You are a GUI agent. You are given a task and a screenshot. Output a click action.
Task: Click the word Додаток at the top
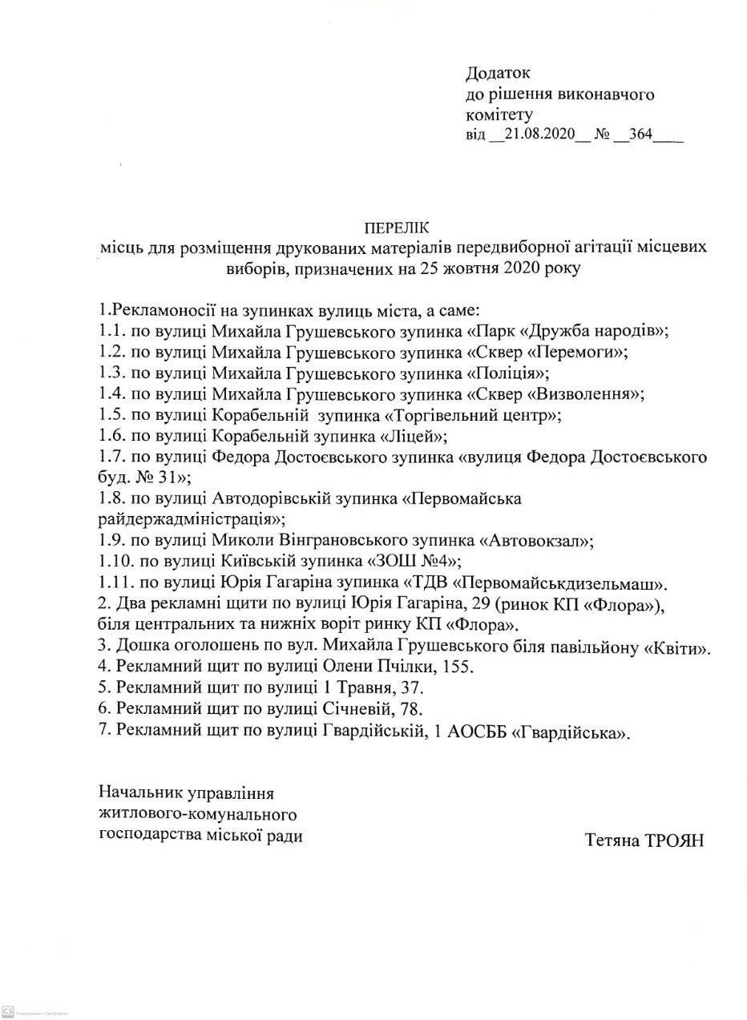pyautogui.click(x=498, y=74)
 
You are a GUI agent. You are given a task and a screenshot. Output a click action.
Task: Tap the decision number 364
pyautogui.click(x=640, y=134)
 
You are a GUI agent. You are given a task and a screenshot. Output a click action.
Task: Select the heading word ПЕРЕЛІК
pyautogui.click(x=396, y=228)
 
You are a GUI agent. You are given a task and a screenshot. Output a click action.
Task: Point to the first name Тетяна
pyautogui.click(x=612, y=841)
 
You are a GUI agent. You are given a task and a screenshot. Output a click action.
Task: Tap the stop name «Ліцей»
pyautogui.click(x=415, y=437)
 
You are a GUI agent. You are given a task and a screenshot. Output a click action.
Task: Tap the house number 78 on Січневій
pyautogui.click(x=410, y=709)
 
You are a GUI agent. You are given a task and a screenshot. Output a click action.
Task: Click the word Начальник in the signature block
pyautogui.click(x=139, y=793)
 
